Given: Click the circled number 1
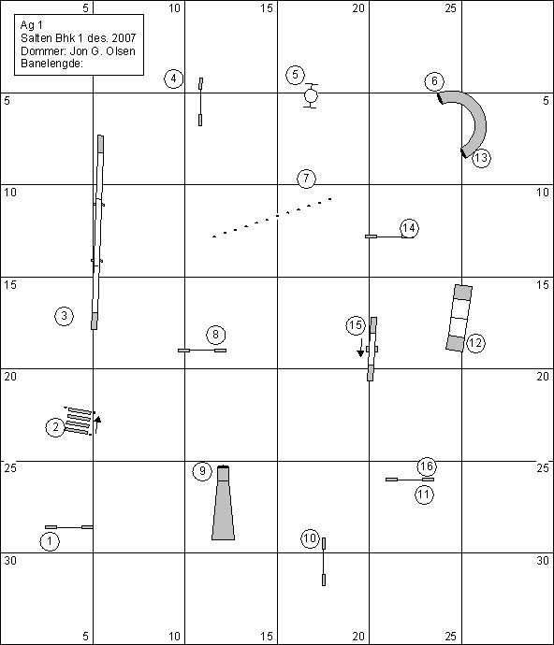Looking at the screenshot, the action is coord(50,541).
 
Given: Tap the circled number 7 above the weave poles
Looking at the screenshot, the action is coord(306,179).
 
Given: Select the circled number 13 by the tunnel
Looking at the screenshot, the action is coord(481,158).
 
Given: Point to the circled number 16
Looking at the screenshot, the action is coord(427,466).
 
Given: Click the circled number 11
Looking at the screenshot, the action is coord(424,494).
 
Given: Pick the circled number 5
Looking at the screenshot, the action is coord(295,75).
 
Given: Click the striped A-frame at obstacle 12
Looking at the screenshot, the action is coord(459,318).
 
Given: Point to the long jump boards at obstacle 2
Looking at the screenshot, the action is coord(80,421).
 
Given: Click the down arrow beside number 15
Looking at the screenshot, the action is coord(360,348).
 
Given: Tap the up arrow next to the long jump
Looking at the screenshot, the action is coord(97,425).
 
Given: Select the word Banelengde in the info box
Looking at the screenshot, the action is coord(51,64).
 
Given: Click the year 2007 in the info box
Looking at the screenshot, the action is coord(124,38).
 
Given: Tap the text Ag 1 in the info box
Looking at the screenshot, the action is coord(31,25).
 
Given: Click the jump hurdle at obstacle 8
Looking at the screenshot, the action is coord(202,351).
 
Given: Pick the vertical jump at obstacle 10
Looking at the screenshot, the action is coord(324,562).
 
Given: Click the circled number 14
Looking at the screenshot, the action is coord(409,228).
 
